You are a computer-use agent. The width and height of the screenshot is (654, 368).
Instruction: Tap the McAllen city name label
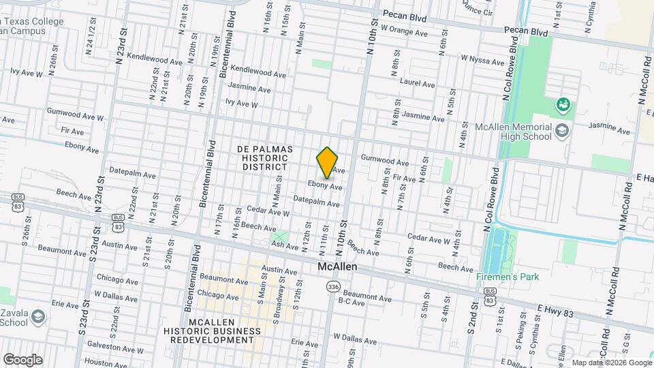coord(337,268)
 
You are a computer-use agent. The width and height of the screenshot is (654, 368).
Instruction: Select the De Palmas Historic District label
coord(265,158)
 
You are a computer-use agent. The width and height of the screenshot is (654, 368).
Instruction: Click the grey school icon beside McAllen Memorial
coord(562,131)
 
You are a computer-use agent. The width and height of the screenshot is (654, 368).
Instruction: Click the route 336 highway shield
coord(332,286)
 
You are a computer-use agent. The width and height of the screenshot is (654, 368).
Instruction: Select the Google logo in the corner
coord(22,359)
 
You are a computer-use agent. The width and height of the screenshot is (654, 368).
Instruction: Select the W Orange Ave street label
coord(404,30)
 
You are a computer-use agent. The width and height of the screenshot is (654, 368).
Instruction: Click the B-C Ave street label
coord(352,301)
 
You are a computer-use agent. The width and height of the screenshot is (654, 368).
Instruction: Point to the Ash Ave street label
coord(285,245)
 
